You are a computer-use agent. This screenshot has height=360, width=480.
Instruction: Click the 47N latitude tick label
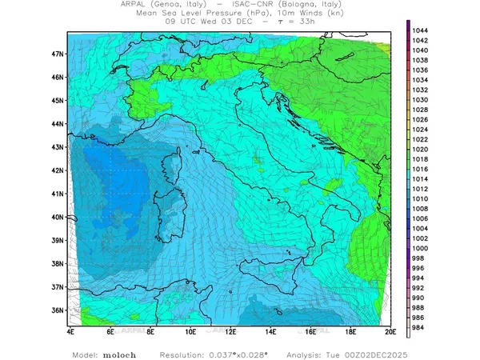click(58, 54)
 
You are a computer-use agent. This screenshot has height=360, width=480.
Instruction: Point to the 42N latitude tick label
click(58, 170)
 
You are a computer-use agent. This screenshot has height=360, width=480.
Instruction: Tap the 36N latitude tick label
click(58, 310)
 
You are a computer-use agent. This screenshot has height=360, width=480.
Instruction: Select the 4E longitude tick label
click(71, 330)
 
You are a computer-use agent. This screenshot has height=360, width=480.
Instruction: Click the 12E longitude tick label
click(231, 330)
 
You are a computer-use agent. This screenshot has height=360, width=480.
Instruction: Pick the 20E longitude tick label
click(390, 330)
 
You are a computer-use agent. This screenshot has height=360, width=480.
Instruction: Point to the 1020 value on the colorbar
click(421, 149)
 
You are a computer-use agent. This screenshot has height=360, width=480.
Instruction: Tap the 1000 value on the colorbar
click(421, 248)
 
